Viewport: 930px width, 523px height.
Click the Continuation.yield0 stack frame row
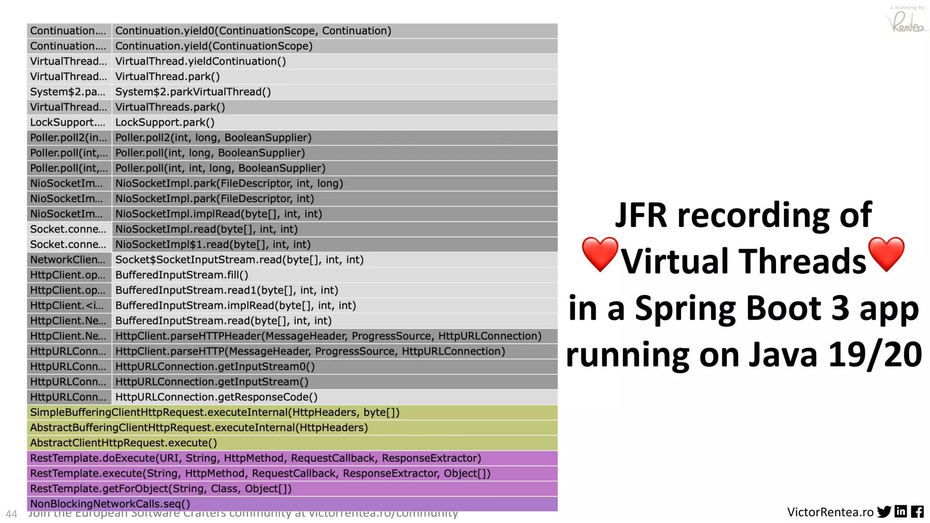(x=253, y=31)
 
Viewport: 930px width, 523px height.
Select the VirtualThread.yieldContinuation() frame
(x=200, y=61)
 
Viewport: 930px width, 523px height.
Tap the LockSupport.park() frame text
(x=165, y=123)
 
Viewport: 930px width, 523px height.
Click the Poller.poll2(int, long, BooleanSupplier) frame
(x=213, y=138)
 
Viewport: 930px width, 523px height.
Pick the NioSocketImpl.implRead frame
(x=218, y=214)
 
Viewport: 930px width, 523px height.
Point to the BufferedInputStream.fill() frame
(x=182, y=275)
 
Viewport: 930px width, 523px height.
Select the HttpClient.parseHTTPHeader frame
(x=328, y=336)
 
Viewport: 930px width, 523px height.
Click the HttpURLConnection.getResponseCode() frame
(x=216, y=397)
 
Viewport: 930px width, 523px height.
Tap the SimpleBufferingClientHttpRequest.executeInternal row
(x=215, y=413)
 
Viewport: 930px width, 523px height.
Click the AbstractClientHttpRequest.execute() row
(x=124, y=443)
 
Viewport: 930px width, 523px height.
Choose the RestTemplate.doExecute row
(x=255, y=459)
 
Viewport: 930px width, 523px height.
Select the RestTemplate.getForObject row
(x=161, y=489)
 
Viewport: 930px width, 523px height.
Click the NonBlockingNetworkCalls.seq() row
(x=110, y=504)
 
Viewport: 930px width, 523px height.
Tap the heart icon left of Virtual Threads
(x=600, y=254)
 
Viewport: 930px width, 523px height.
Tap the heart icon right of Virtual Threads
(x=886, y=254)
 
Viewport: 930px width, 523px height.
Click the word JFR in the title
(x=641, y=215)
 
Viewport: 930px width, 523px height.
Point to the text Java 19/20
(x=835, y=355)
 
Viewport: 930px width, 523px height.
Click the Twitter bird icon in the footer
(x=884, y=512)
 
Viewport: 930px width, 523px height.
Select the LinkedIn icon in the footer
(x=900, y=512)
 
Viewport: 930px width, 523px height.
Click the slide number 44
(x=11, y=514)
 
